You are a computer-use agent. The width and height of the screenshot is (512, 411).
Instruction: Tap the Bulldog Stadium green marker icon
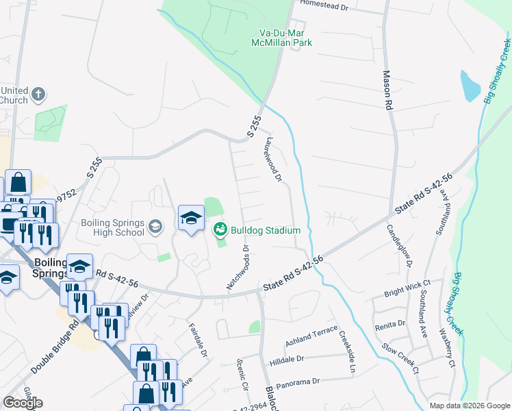point(220,229)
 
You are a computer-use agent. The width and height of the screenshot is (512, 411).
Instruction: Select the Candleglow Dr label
point(400,245)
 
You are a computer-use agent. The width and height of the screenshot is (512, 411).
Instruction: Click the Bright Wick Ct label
point(407,284)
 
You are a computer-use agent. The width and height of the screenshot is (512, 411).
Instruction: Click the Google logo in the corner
point(23,403)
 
